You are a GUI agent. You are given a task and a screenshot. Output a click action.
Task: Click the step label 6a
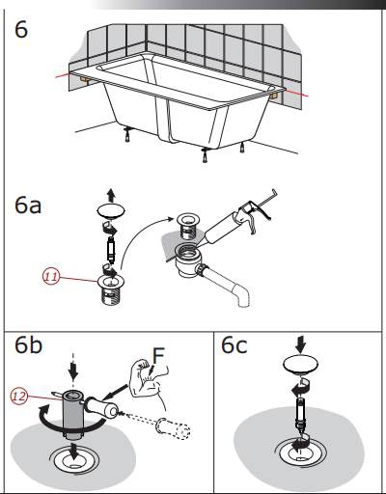tap(28, 206)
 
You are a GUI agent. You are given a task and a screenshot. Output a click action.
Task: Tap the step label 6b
tap(28, 345)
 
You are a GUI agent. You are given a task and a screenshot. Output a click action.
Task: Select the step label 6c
tap(234, 345)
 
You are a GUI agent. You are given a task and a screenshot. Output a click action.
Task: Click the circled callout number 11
tap(51, 277)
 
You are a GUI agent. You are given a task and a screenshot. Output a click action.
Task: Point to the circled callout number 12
tap(19, 396)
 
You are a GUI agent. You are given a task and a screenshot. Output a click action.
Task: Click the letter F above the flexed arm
tap(158, 356)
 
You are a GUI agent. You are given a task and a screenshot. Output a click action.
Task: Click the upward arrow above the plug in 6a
tap(111, 195)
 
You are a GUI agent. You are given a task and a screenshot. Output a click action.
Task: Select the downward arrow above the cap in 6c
tap(300, 344)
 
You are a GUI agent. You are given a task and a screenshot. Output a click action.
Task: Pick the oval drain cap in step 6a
tap(111, 211)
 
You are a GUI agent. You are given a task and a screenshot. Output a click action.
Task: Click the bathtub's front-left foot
tap(128, 134)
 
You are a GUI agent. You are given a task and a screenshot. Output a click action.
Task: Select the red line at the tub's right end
tap(296, 94)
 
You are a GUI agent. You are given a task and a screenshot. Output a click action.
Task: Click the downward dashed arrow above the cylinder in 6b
tap(73, 367)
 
